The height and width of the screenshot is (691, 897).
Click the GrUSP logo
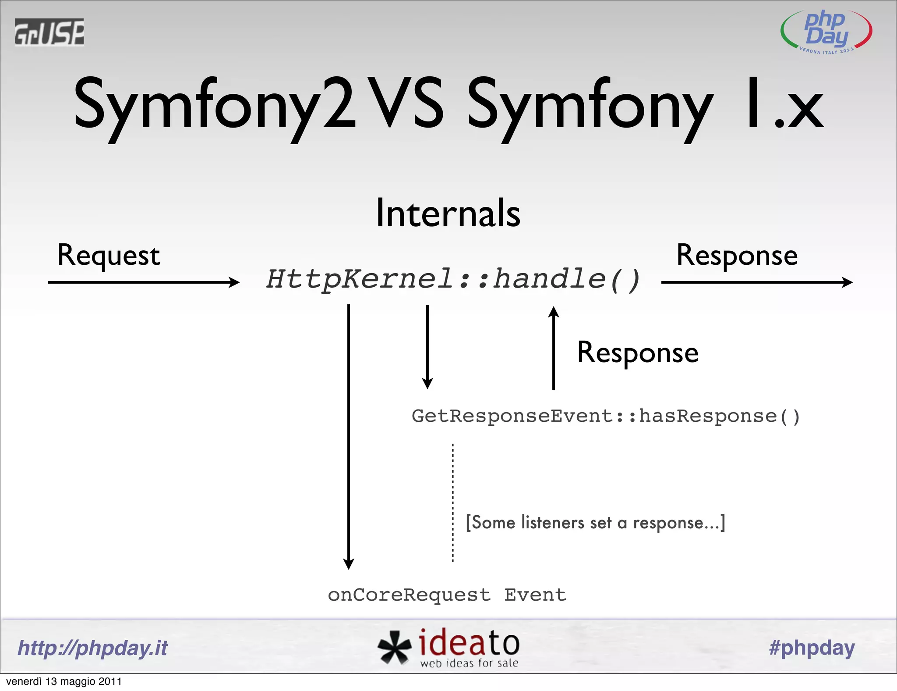click(49, 32)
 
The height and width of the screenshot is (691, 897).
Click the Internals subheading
click(448, 214)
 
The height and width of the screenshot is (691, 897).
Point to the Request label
click(109, 256)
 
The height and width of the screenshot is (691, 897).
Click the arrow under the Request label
click(144, 282)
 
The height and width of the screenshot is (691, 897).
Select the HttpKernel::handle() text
click(453, 279)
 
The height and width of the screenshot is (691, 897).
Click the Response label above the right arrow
click(737, 256)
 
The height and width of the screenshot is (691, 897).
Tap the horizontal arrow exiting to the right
click(756, 282)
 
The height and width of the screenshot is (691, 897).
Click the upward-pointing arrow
click(554, 348)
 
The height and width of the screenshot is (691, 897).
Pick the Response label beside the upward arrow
click(638, 353)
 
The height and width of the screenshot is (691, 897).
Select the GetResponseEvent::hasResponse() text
click(606, 416)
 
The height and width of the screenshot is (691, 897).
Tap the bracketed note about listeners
click(595, 523)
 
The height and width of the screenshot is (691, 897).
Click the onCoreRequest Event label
click(447, 595)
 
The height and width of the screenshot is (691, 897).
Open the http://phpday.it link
click(92, 648)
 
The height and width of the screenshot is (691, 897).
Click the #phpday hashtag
click(812, 648)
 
